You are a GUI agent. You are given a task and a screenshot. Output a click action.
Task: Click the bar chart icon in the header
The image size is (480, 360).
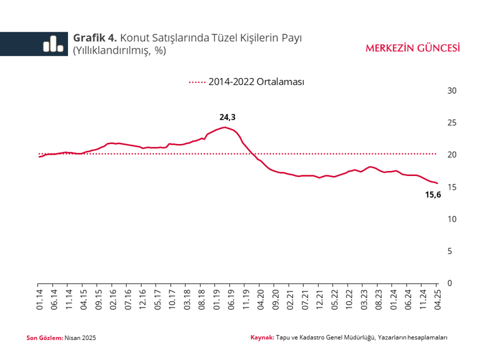point(52,43)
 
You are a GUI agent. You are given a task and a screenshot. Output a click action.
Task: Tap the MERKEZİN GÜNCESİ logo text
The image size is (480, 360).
point(413,48)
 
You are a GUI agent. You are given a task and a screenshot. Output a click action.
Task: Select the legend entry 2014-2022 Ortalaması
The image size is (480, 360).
point(256,82)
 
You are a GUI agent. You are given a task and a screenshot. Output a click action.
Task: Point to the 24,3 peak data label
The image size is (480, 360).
point(228,117)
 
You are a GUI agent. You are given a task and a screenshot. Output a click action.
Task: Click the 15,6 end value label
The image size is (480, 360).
point(433,195)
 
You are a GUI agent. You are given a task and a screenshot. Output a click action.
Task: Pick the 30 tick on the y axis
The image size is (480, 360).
point(453,91)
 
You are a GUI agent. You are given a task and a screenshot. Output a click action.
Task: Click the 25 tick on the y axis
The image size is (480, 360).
point(453,123)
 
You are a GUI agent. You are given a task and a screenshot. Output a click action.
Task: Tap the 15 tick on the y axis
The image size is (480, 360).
point(453,187)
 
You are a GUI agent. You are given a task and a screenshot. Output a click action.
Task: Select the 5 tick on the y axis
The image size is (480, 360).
point(453,251)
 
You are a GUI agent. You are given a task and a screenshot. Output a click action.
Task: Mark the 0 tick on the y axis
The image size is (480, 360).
point(453,283)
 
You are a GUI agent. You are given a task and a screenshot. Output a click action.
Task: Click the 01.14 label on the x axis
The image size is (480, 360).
point(39,298)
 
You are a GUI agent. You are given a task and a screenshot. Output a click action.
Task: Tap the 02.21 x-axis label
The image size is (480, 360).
point(290,298)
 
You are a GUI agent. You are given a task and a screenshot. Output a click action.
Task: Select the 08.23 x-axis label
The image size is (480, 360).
point(378,298)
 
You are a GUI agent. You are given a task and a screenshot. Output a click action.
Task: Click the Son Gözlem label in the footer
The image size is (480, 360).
point(45,338)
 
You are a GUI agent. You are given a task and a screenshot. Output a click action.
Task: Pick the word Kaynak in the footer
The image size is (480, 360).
point(262,338)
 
